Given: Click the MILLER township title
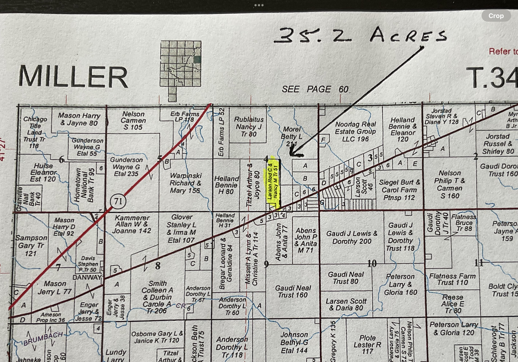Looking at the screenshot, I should pyautogui.click(x=73, y=77).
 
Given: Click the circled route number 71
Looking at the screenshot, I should pyautogui.click(x=118, y=201).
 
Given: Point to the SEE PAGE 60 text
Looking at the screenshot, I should pyautogui.click(x=315, y=89).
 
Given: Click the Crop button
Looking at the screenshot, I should pyautogui.click(x=496, y=16).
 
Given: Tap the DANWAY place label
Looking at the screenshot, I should pyautogui.click(x=87, y=277).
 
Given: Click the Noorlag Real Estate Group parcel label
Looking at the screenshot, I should pyautogui.click(x=355, y=131).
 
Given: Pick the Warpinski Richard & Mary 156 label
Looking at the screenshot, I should pyautogui.click(x=185, y=183).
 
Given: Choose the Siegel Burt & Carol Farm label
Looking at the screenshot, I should pyautogui.click(x=399, y=190).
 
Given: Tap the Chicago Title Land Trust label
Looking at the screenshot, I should pyautogui.click(x=35, y=132).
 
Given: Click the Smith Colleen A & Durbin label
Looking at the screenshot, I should pyautogui.click(x=157, y=297).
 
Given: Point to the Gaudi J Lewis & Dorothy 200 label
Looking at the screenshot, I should pyautogui.click(x=351, y=237).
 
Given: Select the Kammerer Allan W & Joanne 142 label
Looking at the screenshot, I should pyautogui.click(x=132, y=224).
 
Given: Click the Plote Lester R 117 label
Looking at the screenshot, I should pyautogui.click(x=367, y=344).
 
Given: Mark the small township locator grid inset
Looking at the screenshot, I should pyautogui.click(x=181, y=71).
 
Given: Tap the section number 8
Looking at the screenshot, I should pyautogui.click(x=157, y=266).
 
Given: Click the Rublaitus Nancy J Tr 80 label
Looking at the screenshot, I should pyautogui.click(x=249, y=127).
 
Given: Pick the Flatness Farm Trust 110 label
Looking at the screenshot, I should pyautogui.click(x=452, y=279).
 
